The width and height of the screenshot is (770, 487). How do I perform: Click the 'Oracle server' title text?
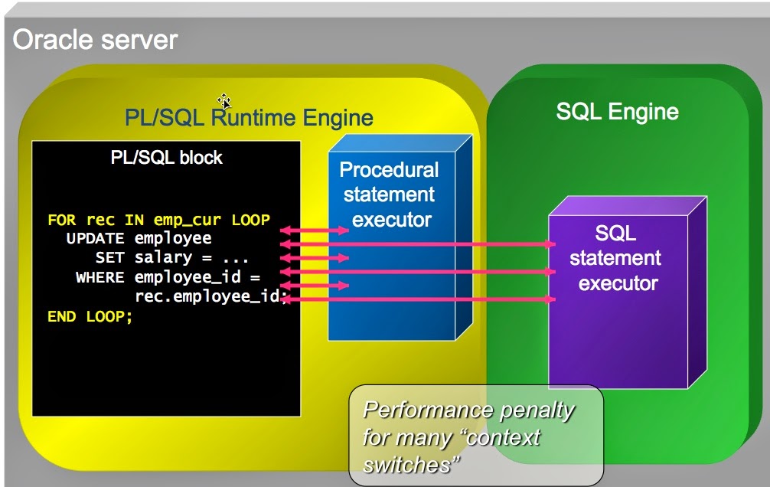95,40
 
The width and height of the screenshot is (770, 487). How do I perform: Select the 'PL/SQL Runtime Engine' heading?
249,118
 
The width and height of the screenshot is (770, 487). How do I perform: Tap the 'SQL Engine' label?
617,112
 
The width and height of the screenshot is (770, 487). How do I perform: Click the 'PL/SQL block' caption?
166,158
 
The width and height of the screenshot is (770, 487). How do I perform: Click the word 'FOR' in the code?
62,220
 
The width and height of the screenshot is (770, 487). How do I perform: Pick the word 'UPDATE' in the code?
95,238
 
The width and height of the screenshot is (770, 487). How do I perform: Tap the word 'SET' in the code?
109,258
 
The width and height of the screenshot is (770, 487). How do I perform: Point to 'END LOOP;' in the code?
90,316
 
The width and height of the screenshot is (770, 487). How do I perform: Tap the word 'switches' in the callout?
405,465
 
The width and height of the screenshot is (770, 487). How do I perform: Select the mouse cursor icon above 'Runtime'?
223,100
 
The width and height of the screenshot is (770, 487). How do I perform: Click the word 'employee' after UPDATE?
173,238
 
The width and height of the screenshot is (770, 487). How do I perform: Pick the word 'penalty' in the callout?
537,410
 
